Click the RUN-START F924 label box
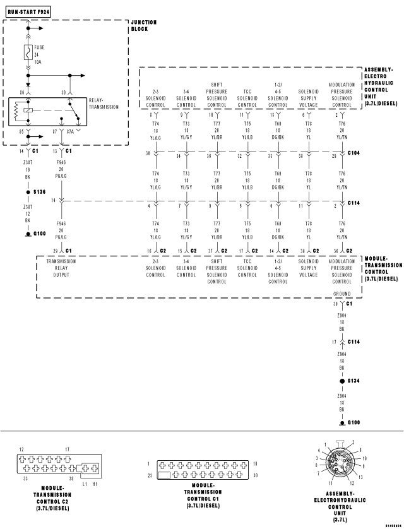coord(26,11)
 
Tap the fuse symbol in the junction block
coord(28,52)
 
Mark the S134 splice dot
coord(342,381)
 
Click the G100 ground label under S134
coord(352,422)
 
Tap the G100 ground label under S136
coord(39,234)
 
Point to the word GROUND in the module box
coord(342,294)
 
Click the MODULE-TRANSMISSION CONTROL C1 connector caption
coord(203,496)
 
